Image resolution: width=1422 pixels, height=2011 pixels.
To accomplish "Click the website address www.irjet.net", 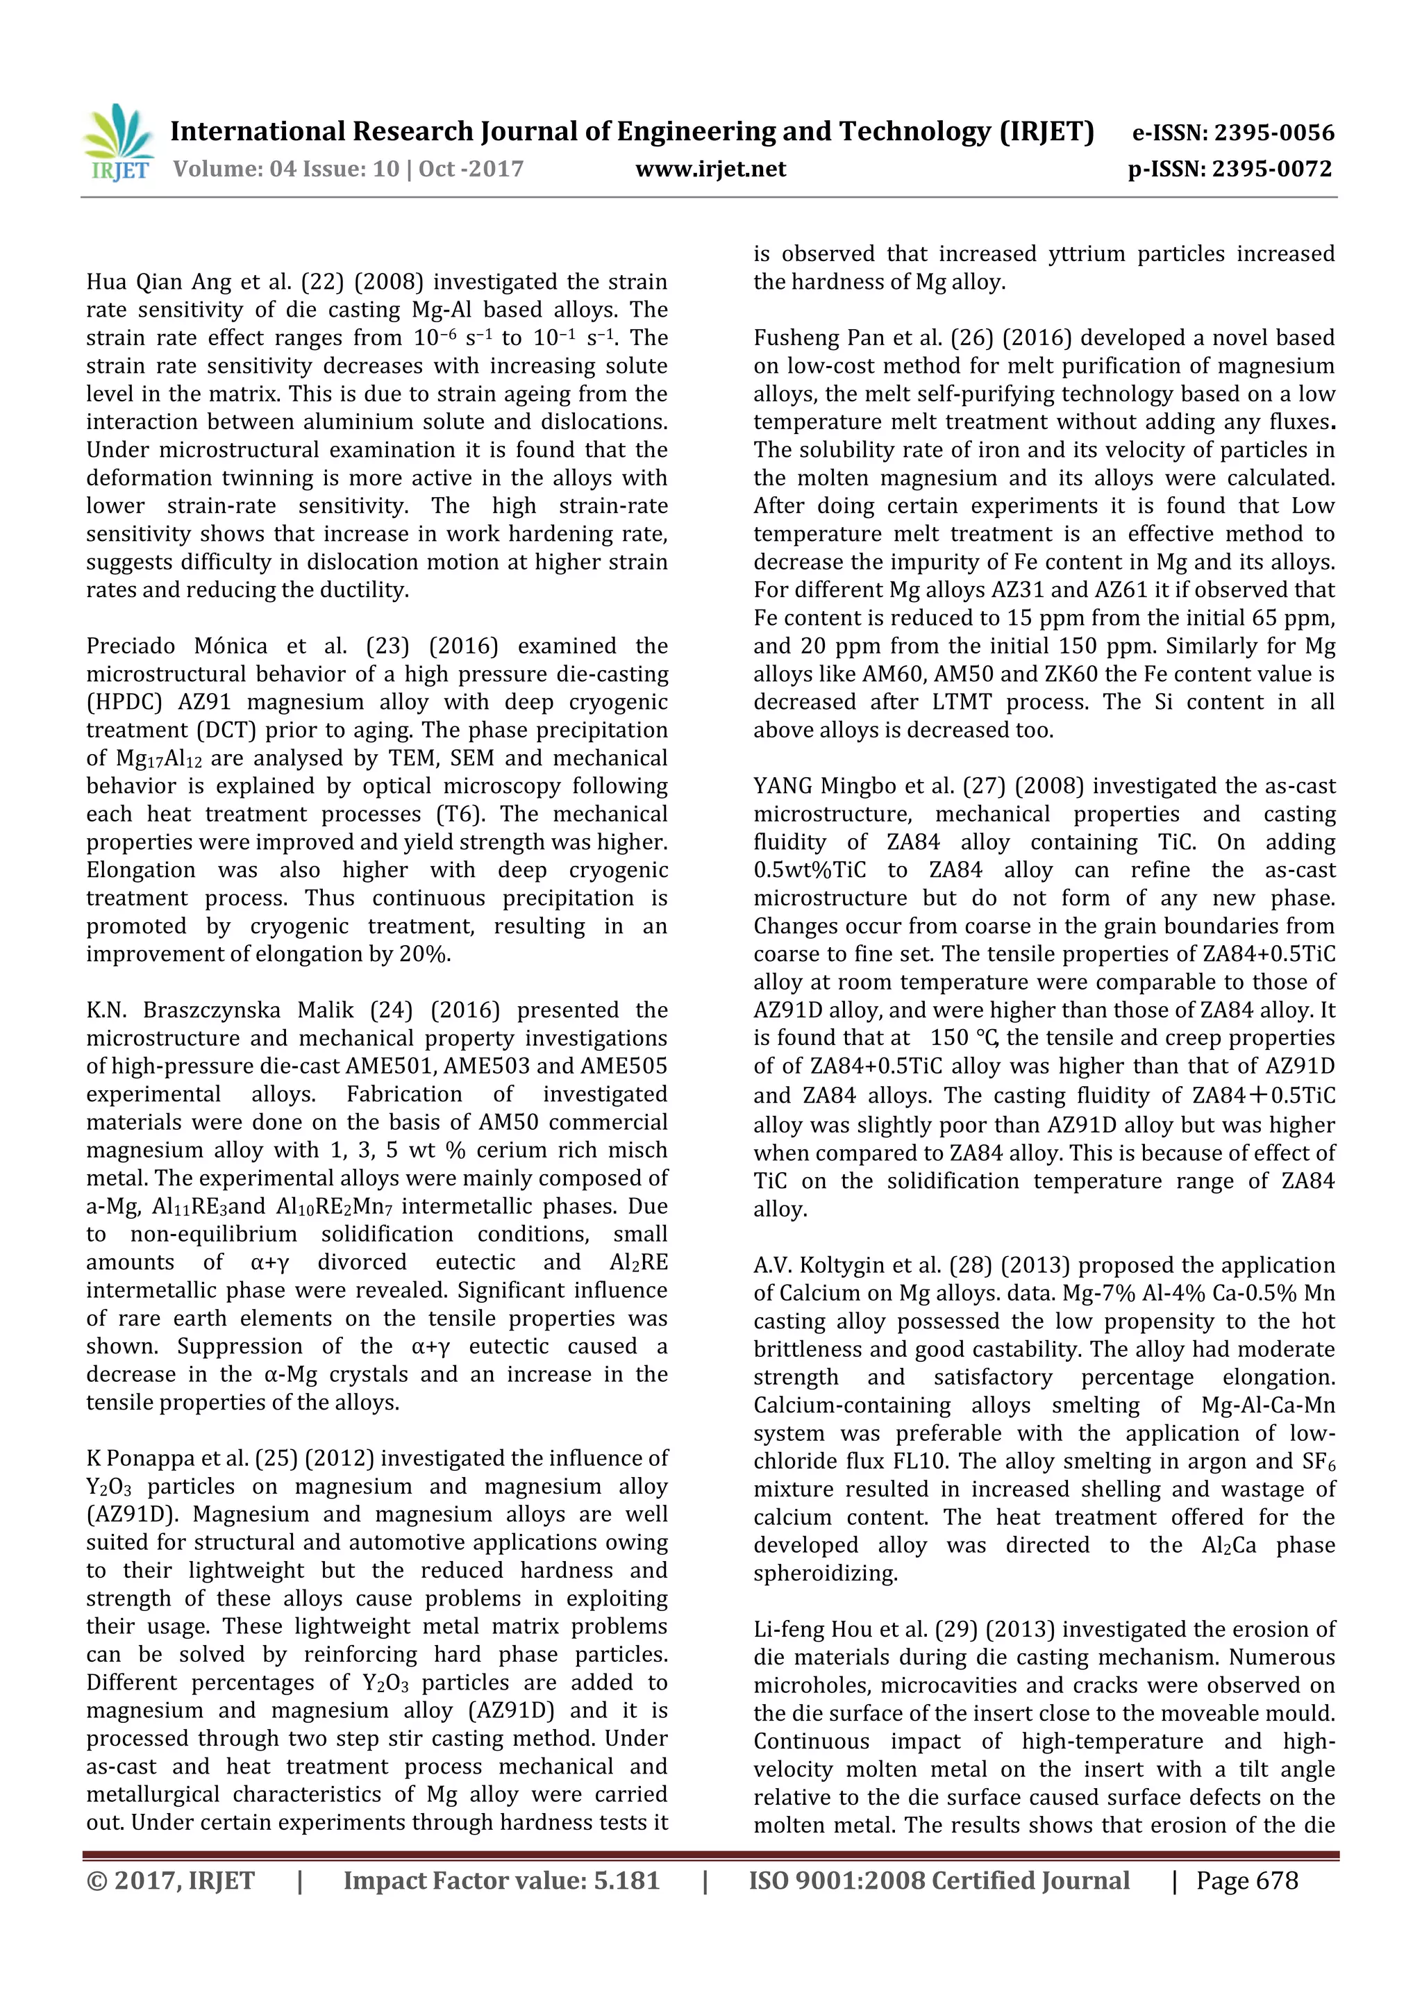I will point(710,169).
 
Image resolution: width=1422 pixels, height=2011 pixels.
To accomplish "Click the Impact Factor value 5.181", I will point(626,1880).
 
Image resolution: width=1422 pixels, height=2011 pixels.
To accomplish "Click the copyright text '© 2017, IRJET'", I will point(171,1880).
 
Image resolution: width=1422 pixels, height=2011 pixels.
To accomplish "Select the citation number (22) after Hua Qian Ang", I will point(319,282).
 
